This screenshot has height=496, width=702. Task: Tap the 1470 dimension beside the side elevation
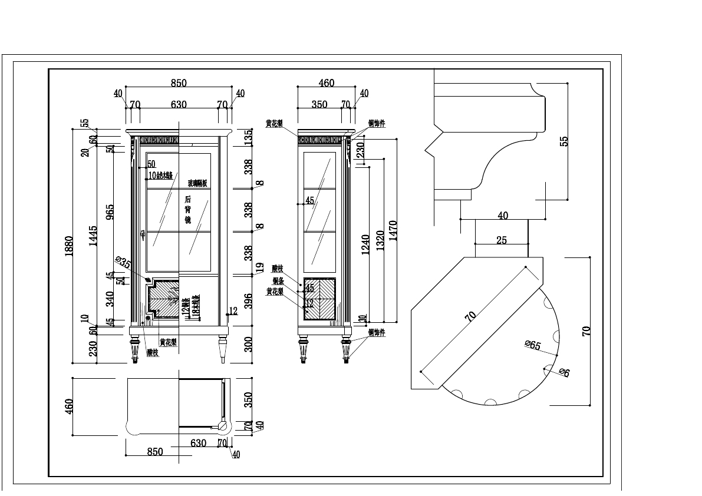(x=393, y=231)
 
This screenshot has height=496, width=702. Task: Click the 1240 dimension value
(x=365, y=245)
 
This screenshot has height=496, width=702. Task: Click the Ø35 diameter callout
(x=123, y=263)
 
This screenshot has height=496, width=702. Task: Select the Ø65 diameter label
(x=533, y=346)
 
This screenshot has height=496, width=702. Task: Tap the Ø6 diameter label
(x=563, y=372)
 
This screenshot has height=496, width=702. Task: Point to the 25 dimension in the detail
(x=502, y=240)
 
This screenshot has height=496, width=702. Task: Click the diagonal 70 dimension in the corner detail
(x=470, y=316)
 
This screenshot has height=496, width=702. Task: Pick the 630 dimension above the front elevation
(x=179, y=104)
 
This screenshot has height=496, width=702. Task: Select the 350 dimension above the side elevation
(x=319, y=104)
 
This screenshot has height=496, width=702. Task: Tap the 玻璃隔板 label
(x=197, y=183)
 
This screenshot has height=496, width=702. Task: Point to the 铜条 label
(x=278, y=280)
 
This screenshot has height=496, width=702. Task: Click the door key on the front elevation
(x=143, y=235)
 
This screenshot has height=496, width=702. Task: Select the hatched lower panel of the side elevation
(x=319, y=298)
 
